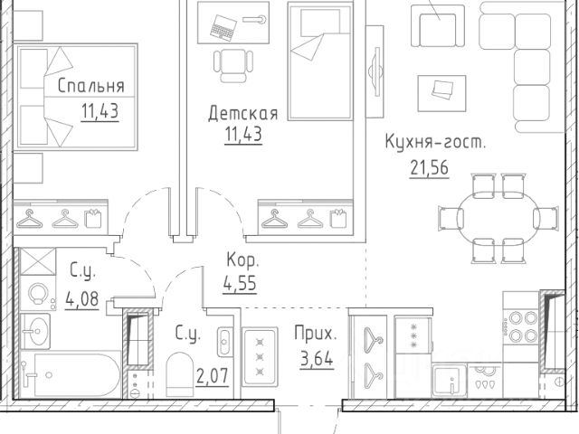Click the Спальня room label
[90, 87]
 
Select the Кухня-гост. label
[435, 143]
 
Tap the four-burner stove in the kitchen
[523, 326]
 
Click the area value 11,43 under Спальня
[89, 113]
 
